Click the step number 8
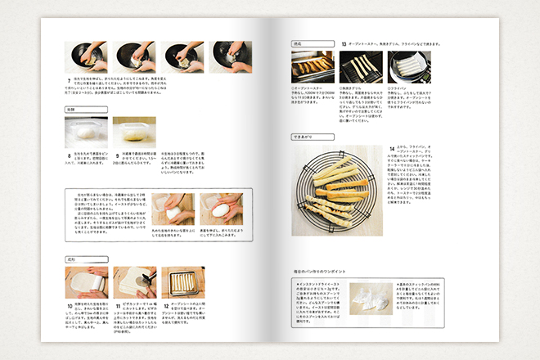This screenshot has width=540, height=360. (68, 153)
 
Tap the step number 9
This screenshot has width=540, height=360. (116, 153)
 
